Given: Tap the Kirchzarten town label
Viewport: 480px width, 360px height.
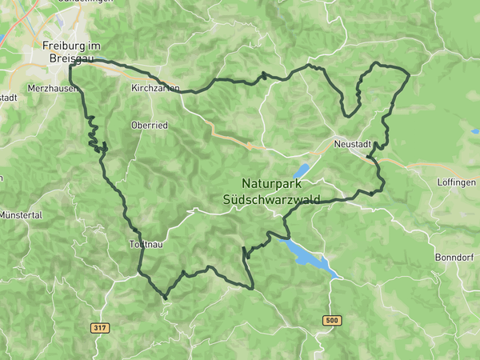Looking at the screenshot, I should pyautogui.click(x=154, y=88).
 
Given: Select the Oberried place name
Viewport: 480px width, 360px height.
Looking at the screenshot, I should pyautogui.click(x=149, y=125).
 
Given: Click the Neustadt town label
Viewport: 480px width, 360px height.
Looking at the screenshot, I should pyautogui.click(x=352, y=145).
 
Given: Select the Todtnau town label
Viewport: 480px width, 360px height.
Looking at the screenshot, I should pyautogui.click(x=146, y=245).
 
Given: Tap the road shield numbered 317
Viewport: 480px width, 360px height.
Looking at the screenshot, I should pyautogui.click(x=101, y=328).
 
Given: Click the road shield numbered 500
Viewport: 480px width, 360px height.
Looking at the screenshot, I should pyautogui.click(x=332, y=320).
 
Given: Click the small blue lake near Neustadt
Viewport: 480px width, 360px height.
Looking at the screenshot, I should pyautogui.click(x=302, y=170).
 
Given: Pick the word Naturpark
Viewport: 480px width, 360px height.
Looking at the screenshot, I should pyautogui.click(x=273, y=182).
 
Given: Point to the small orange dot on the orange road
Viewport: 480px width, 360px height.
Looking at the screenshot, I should pyautogui.click(x=250, y=146).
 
